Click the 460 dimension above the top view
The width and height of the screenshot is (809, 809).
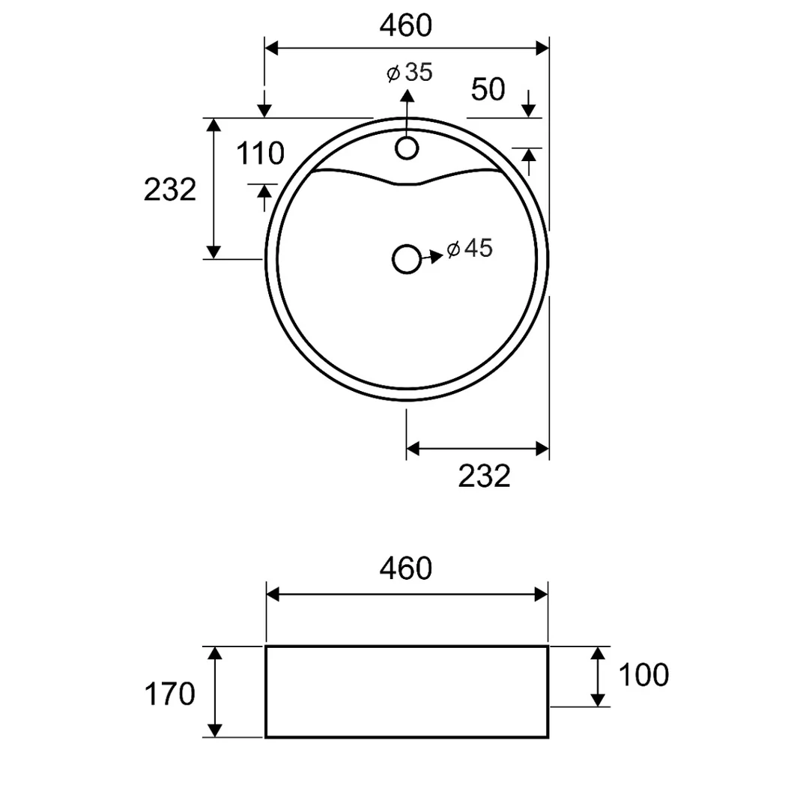coord(405,25)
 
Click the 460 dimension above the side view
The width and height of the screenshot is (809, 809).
coord(405,569)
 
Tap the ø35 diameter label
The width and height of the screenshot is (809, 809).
coord(410,73)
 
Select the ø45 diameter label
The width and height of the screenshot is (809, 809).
coord(470,249)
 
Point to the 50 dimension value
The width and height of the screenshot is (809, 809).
coord(488,89)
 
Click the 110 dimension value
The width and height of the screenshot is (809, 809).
coord(260,154)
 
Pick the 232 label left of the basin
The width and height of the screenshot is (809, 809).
coord(170,190)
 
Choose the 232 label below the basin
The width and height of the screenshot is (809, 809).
coord(484,476)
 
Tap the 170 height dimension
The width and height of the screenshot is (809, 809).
coord(170,694)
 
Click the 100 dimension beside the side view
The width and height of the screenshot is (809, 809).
coord(643,675)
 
